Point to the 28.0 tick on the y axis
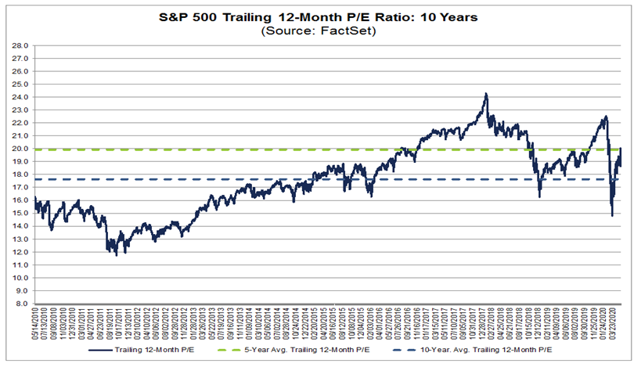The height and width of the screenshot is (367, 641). point(20,46)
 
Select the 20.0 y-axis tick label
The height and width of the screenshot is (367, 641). point(20,149)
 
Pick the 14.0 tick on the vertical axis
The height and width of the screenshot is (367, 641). point(20,226)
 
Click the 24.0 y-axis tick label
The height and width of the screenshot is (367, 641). point(20,98)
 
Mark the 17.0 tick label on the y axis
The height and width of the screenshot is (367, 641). point(20,188)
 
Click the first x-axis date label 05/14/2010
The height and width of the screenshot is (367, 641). point(36,326)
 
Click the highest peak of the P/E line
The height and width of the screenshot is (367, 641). point(486,94)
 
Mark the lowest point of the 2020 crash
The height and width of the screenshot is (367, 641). point(612,215)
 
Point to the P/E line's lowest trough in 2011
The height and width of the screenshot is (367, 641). point(117,255)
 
